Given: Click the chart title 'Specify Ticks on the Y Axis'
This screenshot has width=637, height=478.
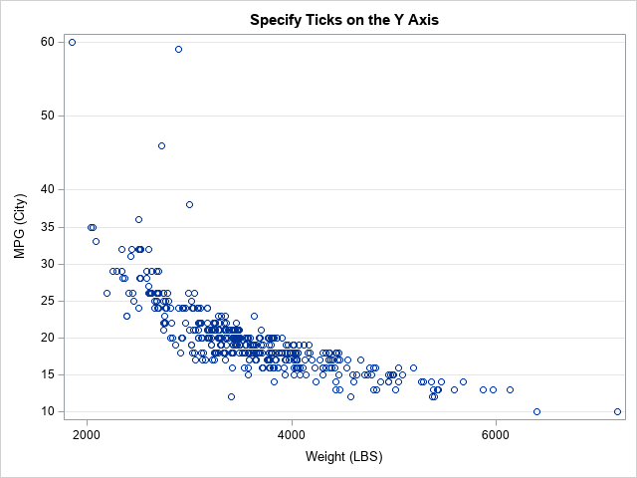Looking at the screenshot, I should [343, 19].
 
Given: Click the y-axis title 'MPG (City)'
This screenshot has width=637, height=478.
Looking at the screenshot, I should [20, 226].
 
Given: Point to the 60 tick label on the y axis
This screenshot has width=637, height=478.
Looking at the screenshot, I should [48, 42].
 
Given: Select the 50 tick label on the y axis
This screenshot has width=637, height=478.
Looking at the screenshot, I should [48, 116].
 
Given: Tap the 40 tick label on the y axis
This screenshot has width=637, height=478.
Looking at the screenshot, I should [48, 189].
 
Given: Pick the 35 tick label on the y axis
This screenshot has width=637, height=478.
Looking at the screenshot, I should [48, 227].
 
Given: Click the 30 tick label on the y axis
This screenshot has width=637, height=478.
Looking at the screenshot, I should [48, 264].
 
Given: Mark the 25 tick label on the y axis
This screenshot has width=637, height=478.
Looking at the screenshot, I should [48, 301].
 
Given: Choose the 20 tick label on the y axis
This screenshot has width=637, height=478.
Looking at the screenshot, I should [48, 338].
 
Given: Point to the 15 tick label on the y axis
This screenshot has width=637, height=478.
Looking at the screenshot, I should [48, 374].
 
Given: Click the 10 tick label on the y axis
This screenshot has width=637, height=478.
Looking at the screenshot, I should [48, 411].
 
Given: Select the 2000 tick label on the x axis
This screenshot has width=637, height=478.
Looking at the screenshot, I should [88, 434].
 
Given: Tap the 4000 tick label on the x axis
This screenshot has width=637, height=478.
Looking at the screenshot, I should [292, 434].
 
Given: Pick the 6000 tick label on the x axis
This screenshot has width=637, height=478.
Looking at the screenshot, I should [496, 434].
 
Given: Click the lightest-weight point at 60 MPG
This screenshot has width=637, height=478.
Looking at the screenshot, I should [72, 42].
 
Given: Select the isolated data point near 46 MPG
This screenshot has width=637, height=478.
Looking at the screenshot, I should [161, 145].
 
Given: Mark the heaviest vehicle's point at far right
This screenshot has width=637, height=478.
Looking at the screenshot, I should [617, 411].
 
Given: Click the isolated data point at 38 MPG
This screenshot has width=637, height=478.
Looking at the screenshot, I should [189, 204].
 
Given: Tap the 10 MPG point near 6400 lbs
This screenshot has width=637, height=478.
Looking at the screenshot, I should [536, 411].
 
